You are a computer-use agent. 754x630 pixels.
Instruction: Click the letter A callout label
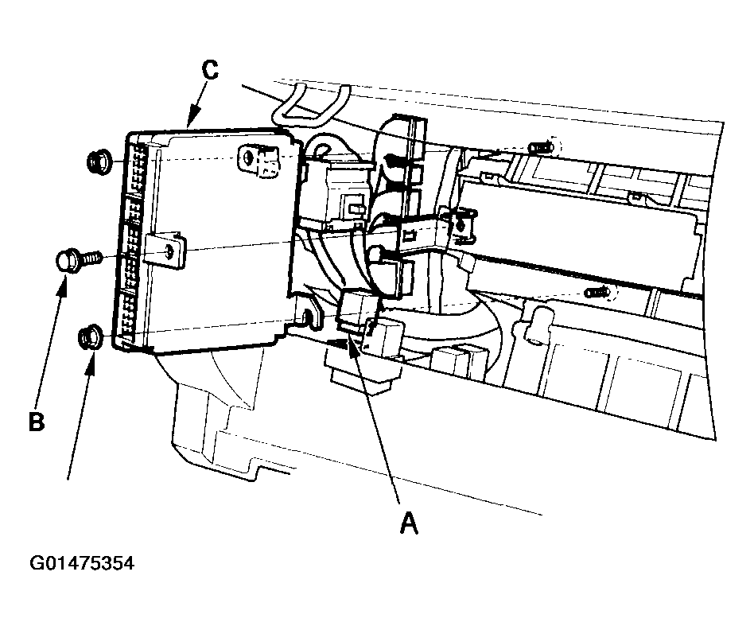click(x=409, y=523)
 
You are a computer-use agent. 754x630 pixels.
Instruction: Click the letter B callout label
click(x=37, y=422)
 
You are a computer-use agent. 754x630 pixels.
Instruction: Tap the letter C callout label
click(x=210, y=70)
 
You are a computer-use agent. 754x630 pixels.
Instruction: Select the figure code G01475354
click(x=82, y=563)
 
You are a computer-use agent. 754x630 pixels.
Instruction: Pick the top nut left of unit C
click(x=100, y=161)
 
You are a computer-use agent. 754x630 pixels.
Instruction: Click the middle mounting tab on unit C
click(x=165, y=249)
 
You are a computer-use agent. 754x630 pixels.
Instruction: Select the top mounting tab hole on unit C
click(x=247, y=157)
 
